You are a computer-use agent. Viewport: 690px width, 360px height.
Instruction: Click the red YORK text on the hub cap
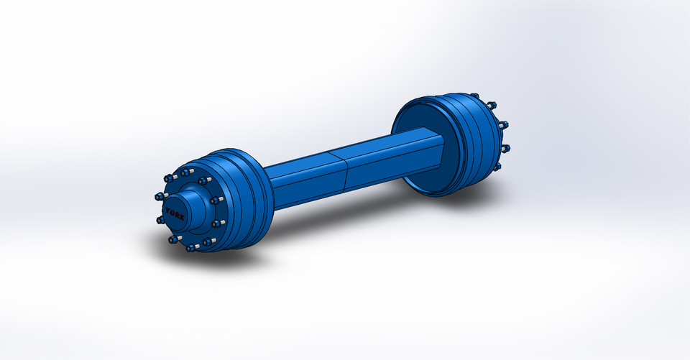[175, 213]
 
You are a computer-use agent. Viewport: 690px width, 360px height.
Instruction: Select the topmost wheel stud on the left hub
[188, 172]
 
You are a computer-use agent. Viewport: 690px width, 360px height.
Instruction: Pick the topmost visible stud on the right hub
[474, 96]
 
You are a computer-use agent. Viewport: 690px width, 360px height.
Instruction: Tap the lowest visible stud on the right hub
[496, 166]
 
